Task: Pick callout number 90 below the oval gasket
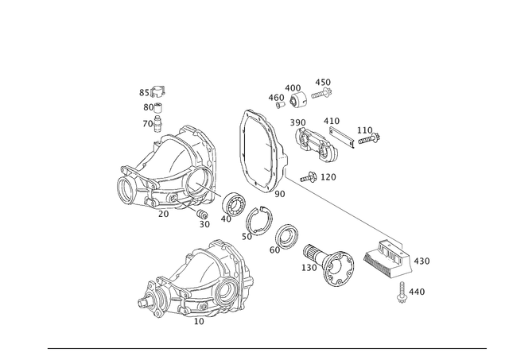(279, 193)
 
